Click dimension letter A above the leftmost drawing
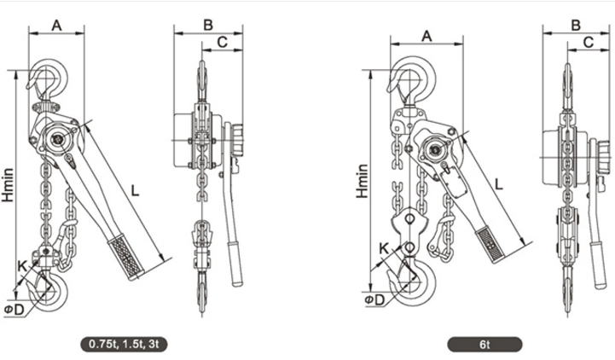[58, 26]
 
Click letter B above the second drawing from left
[208, 25]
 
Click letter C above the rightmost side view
[589, 42]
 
